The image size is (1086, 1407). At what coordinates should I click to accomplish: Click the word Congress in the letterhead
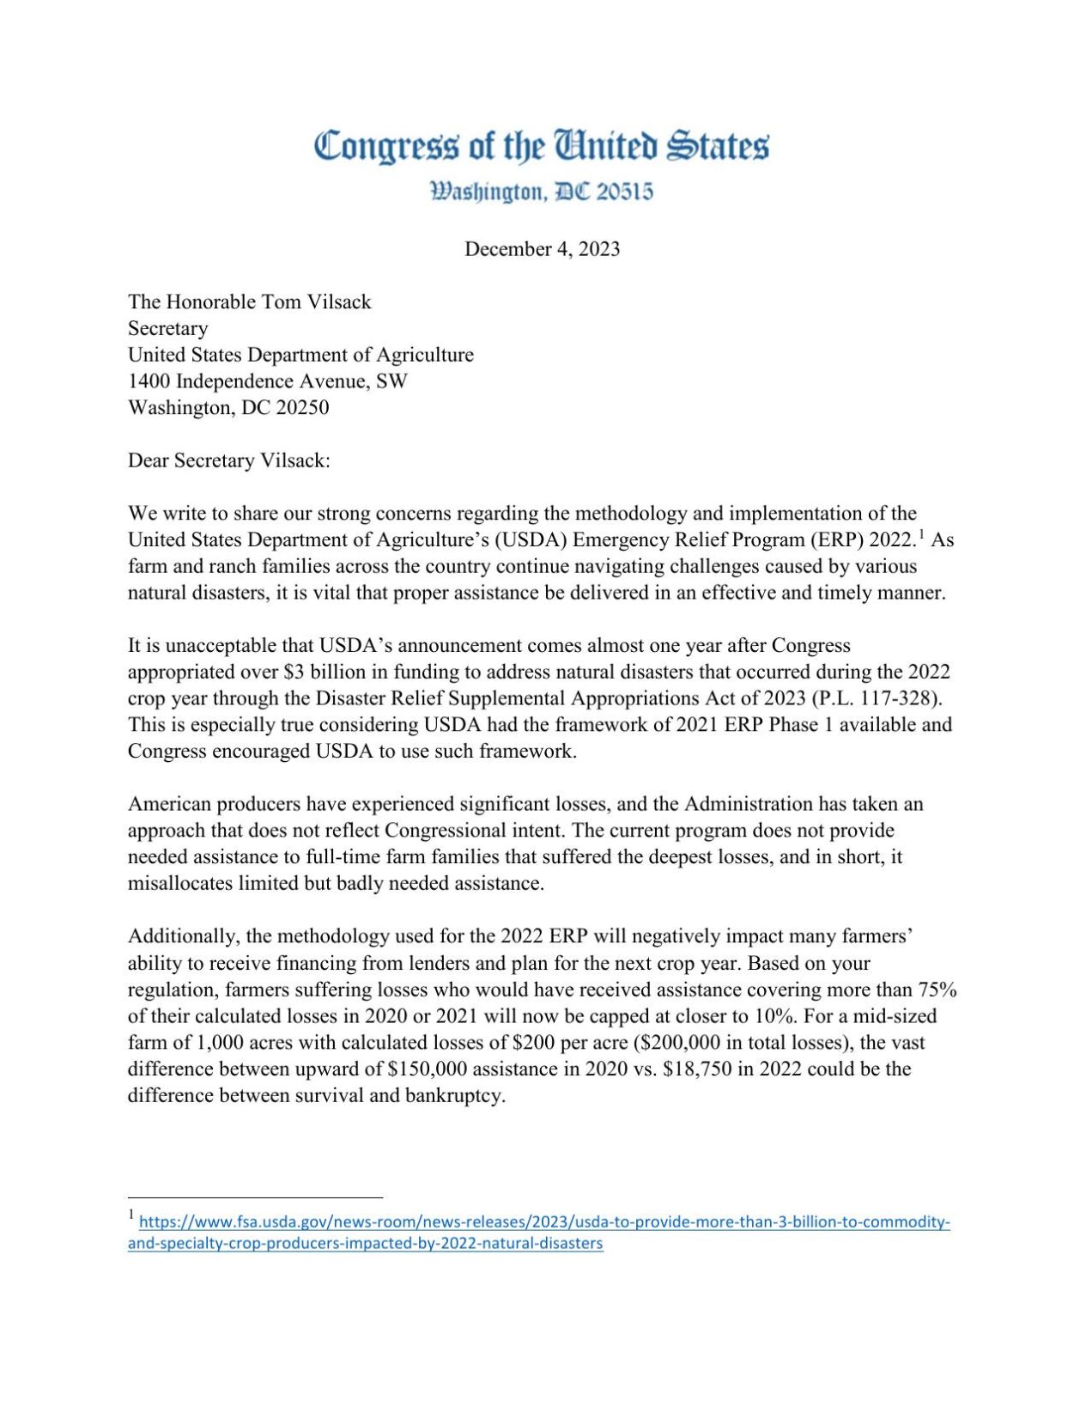[386, 148]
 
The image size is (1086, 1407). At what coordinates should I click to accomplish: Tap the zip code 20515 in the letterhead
[624, 192]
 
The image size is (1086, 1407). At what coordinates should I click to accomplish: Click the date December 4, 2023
[542, 249]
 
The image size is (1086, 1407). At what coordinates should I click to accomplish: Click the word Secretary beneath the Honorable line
[167, 328]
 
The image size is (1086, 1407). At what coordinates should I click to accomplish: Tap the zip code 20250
[302, 408]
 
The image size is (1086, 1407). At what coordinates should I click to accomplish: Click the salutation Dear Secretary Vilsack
[228, 460]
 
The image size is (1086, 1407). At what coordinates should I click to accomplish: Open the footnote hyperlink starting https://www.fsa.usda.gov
[543, 1222]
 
